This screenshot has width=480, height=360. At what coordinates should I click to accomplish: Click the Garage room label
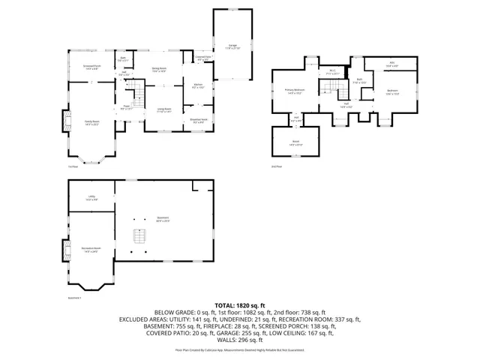(232, 46)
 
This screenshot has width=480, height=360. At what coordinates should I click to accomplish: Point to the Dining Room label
(159, 69)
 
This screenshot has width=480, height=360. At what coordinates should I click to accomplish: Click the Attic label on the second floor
(391, 64)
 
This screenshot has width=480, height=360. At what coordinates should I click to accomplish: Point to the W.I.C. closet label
(332, 72)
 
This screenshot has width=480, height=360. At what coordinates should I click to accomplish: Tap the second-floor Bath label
(360, 81)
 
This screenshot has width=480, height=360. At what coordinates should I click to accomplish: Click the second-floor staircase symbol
(331, 90)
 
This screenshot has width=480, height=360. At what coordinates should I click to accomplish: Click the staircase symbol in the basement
(137, 237)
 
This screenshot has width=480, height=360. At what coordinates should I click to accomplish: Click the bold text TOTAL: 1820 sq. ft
(240, 305)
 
